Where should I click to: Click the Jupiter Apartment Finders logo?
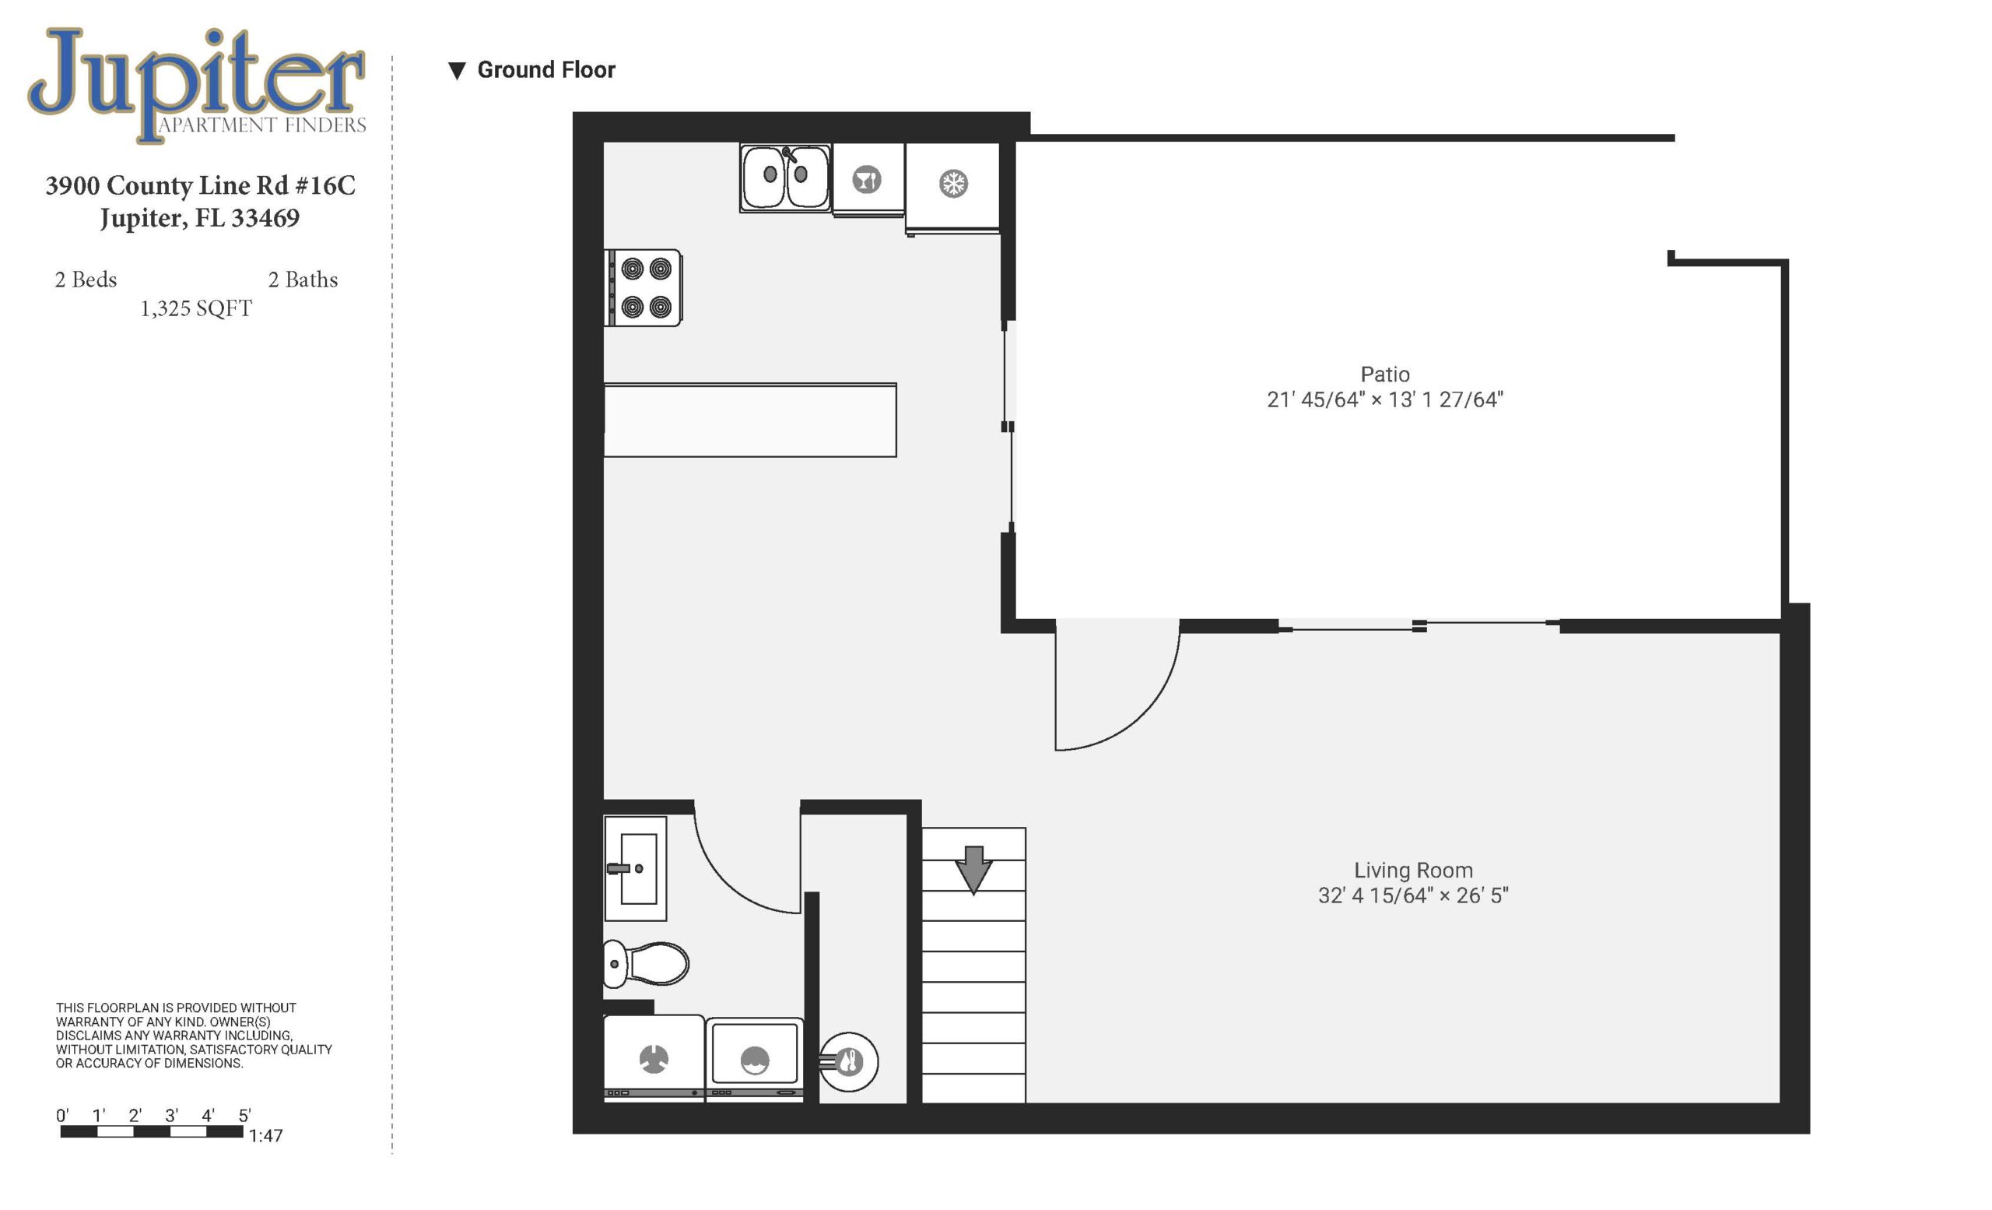pos(196,85)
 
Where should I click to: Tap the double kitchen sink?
pos(785,178)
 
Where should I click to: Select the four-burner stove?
pos(644,288)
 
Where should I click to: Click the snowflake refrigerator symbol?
pos(953,184)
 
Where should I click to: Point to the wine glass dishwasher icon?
pos(867,180)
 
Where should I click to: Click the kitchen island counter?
pos(750,420)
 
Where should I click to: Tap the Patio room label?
pos(1385,375)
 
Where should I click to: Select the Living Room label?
pos(1413,871)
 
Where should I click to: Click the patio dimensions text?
pos(1385,399)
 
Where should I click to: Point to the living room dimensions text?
pos(1413,895)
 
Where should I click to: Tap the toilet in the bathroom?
pos(645,963)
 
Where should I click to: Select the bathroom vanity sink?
pos(636,869)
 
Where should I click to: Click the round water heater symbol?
pos(849,1062)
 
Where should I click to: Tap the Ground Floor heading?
pos(546,70)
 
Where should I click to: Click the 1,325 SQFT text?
pos(196,309)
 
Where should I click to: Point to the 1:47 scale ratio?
pos(266,1135)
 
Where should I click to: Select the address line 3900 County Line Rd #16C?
pos(201,186)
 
